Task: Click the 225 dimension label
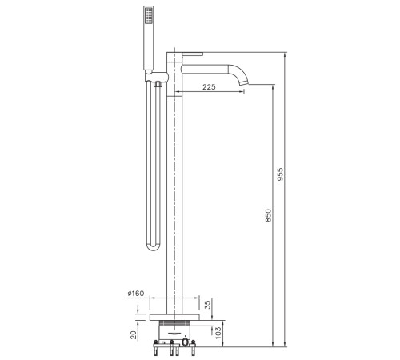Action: tap(209, 87)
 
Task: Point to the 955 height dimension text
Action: tap(280, 174)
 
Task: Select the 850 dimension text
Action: tap(268, 215)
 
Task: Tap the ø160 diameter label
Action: tap(136, 294)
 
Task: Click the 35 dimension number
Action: tap(208, 304)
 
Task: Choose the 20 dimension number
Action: tap(134, 335)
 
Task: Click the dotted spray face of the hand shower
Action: tap(148, 15)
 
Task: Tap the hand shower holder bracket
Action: tap(157, 76)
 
